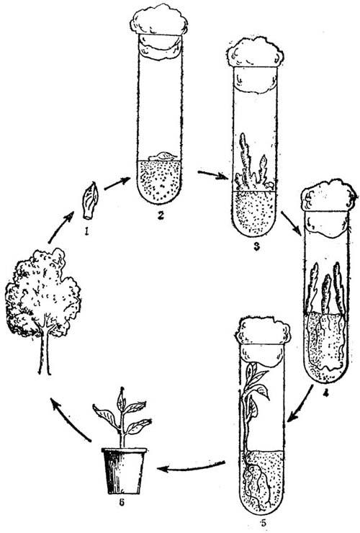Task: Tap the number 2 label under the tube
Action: [160, 215]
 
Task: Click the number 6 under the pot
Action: [122, 502]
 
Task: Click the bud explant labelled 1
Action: [91, 201]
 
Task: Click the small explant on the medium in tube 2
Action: [164, 156]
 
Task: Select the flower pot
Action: [124, 471]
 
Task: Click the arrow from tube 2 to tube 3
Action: [213, 175]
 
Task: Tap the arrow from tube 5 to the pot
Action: [191, 467]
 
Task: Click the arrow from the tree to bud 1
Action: [61, 226]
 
